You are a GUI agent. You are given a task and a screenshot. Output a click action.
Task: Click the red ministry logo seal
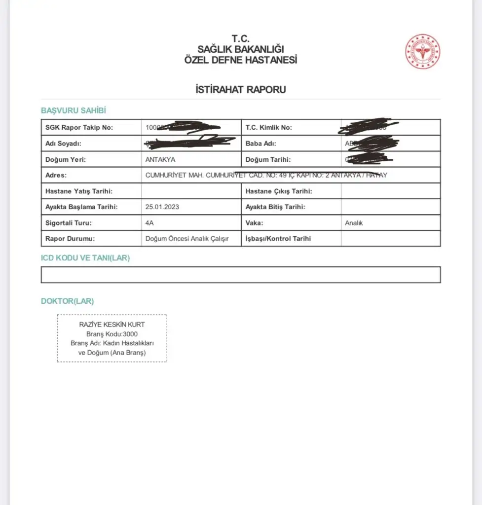click(x=422, y=51)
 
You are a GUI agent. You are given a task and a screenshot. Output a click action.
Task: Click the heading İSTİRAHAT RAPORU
click(x=241, y=90)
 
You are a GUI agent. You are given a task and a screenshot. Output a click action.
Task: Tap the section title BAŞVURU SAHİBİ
click(x=74, y=110)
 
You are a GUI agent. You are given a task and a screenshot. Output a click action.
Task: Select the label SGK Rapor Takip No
click(x=79, y=128)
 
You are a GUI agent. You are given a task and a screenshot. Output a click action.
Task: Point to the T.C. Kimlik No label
click(x=269, y=128)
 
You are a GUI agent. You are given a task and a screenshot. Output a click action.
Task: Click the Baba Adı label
click(x=261, y=144)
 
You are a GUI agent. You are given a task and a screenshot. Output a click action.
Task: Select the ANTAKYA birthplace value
click(x=160, y=160)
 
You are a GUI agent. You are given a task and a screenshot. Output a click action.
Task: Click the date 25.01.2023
click(x=162, y=207)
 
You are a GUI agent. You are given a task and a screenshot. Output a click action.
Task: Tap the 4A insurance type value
click(x=150, y=223)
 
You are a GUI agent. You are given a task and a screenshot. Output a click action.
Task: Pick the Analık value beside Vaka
click(x=354, y=223)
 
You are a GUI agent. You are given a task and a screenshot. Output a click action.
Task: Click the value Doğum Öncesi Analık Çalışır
click(x=187, y=239)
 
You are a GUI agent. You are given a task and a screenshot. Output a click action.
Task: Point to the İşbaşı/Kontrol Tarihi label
click(x=278, y=239)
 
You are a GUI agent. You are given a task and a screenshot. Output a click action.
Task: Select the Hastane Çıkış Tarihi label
click(x=279, y=191)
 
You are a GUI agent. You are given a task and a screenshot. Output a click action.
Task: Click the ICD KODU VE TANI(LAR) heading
click(x=85, y=258)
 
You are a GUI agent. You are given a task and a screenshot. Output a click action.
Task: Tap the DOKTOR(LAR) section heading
click(x=67, y=301)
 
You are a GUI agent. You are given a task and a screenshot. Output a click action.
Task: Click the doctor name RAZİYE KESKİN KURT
click(x=112, y=325)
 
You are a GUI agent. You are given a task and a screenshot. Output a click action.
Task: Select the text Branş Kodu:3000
click(x=112, y=334)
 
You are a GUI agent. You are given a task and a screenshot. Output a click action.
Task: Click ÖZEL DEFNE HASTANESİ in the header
click(x=241, y=60)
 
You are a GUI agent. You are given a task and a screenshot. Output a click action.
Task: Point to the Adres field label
click(x=56, y=176)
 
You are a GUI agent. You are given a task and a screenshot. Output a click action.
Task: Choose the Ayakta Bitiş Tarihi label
click(x=276, y=207)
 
